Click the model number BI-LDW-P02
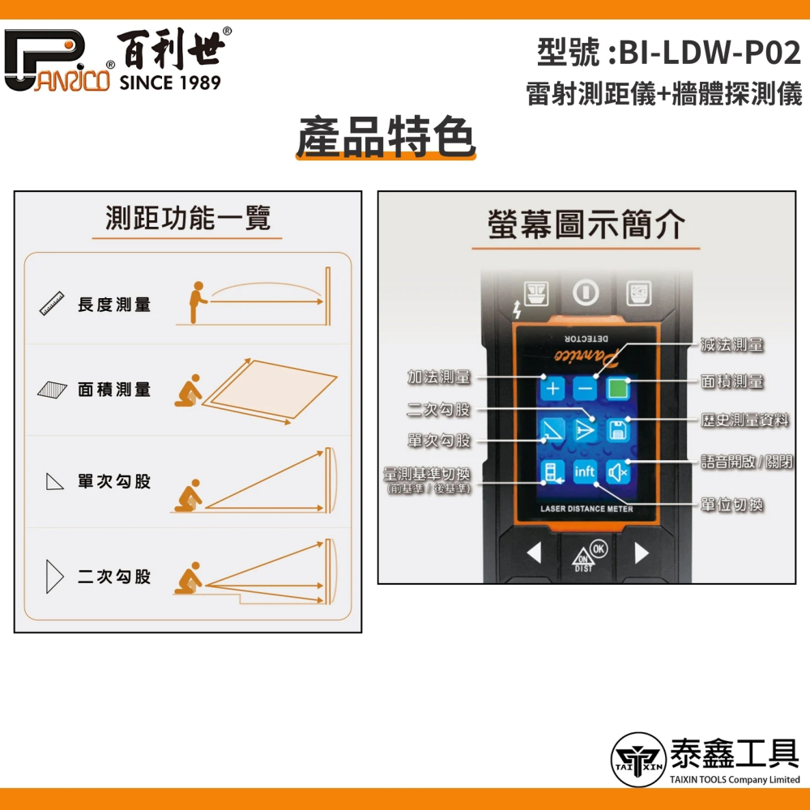coord(710,53)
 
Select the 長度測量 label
coord(114,305)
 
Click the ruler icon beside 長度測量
coord(53,305)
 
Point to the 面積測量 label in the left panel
coord(114,390)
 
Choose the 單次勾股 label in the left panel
coord(114,482)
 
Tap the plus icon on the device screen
coord(552,388)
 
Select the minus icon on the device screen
coord(586,388)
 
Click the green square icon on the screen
coord(619,388)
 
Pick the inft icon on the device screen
coord(585,471)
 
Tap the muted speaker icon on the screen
coord(619,471)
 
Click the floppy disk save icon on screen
coord(619,430)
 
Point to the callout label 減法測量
coord(732,346)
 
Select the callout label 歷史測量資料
coord(744,420)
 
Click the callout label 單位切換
coord(732,505)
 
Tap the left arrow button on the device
coord(533,553)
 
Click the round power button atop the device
coord(586,292)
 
